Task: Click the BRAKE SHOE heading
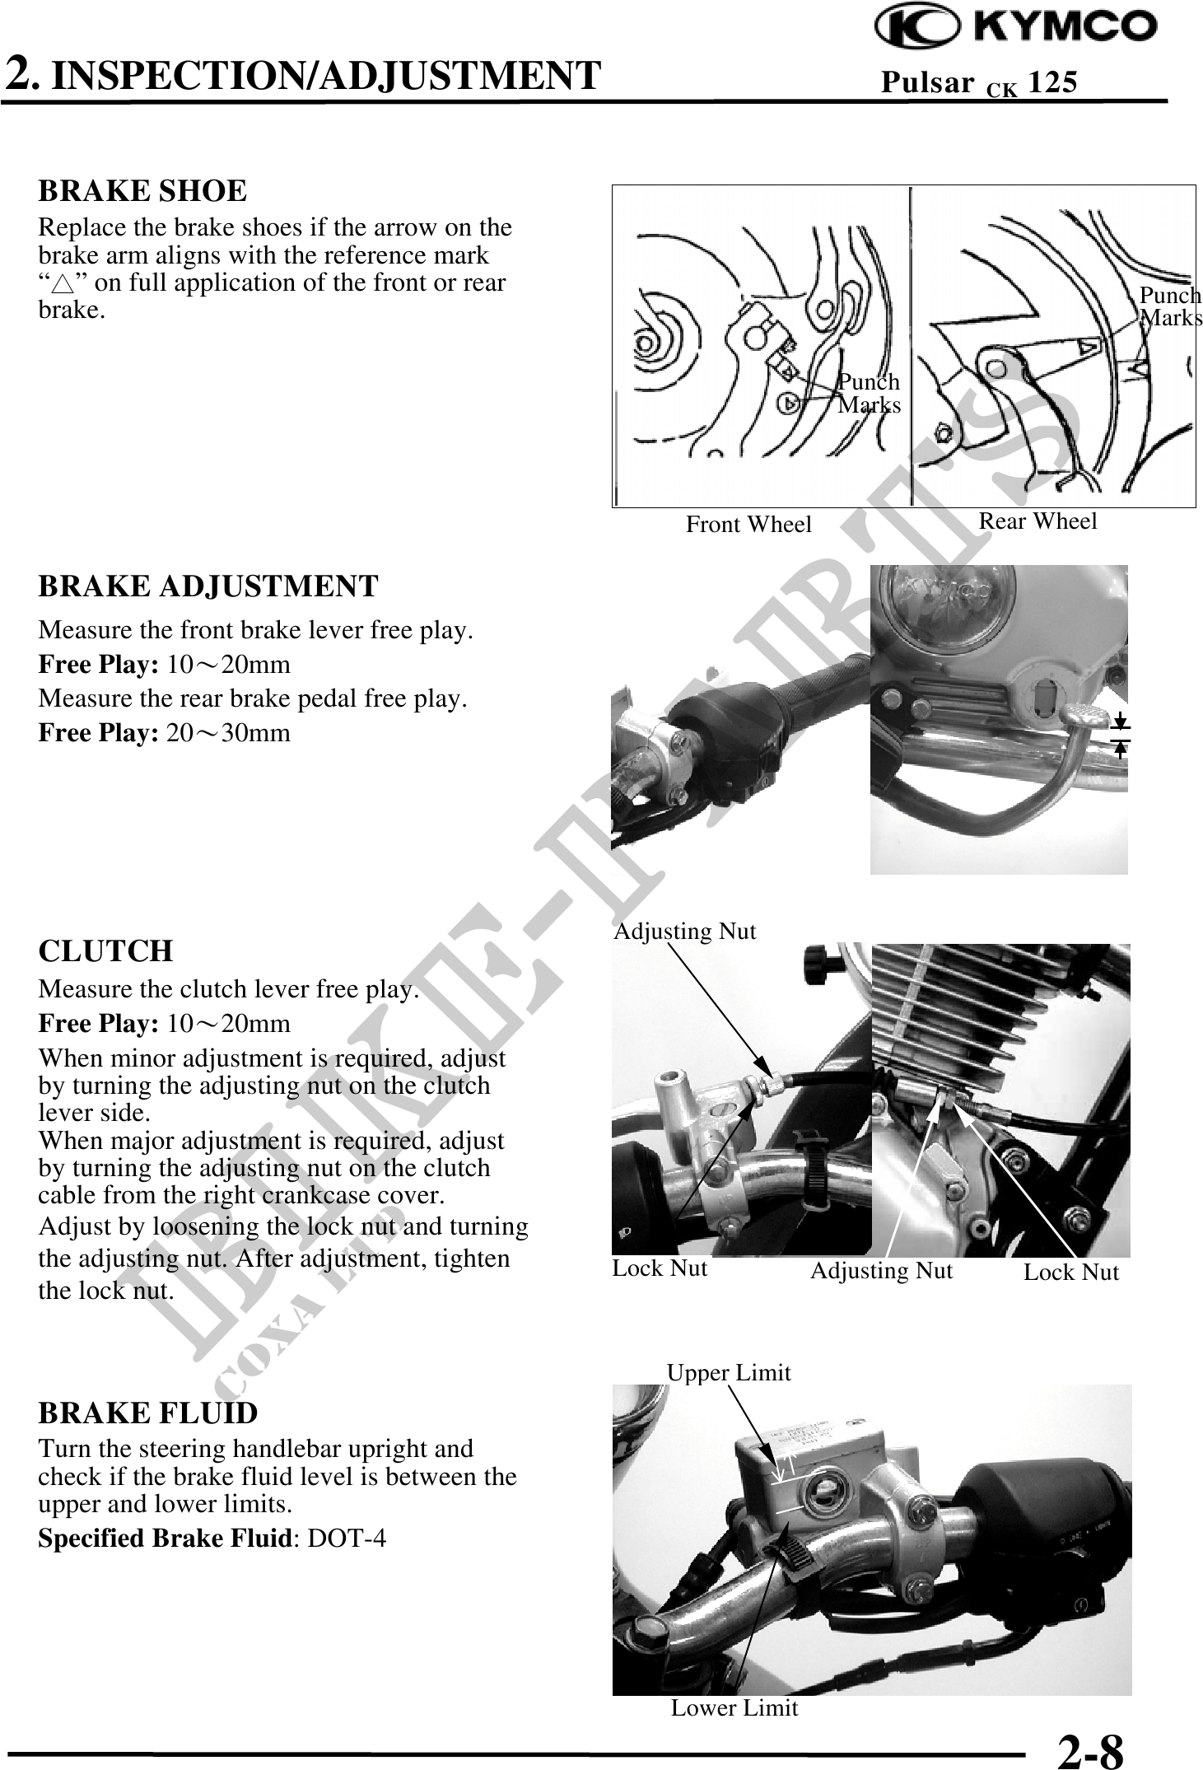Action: [142, 191]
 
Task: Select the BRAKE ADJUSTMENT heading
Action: [208, 586]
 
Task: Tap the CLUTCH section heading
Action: [105, 951]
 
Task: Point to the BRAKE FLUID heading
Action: [148, 1413]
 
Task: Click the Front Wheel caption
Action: [748, 525]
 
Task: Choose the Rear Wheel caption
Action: [1037, 521]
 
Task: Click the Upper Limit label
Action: [729, 1373]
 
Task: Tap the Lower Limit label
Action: [734, 1708]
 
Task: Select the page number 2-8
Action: [1091, 1750]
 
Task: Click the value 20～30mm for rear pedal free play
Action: [228, 733]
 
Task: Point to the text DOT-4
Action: [346, 1539]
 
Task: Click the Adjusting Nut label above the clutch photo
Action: [685, 932]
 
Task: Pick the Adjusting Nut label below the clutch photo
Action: [881, 1271]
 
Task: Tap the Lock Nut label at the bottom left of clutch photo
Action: [660, 1268]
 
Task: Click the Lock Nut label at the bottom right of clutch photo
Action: [1071, 1273]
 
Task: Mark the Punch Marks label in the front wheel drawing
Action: [870, 394]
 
